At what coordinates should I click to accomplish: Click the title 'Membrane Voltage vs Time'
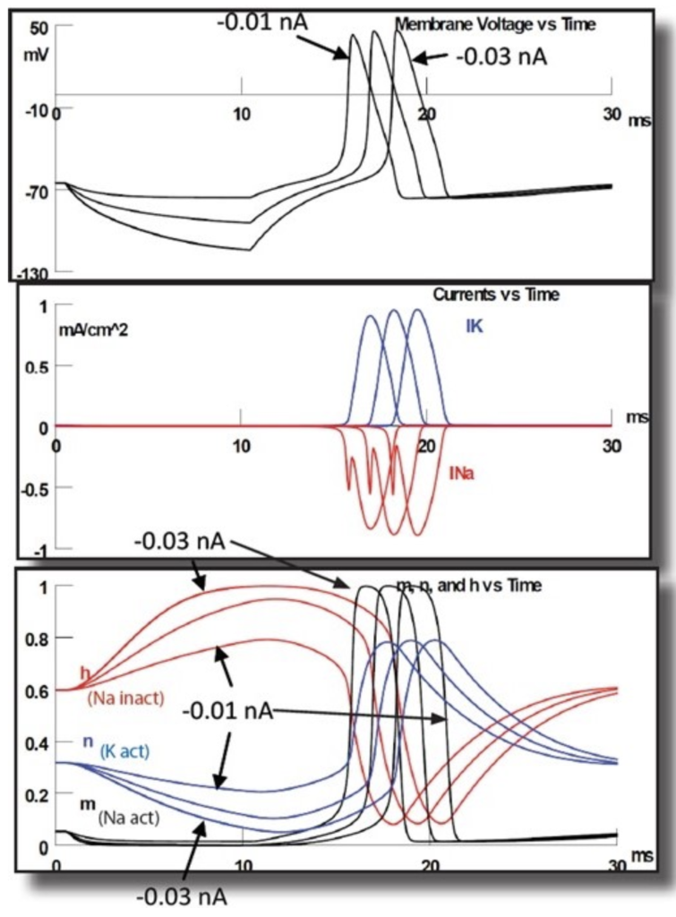(495, 25)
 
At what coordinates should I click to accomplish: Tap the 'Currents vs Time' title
(496, 295)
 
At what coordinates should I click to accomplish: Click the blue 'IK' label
(475, 327)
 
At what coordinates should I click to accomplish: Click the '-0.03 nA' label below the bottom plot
(182, 896)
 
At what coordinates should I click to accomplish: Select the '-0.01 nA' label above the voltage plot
(261, 21)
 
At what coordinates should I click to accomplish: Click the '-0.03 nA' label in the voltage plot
(501, 57)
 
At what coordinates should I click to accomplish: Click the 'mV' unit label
(37, 53)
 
